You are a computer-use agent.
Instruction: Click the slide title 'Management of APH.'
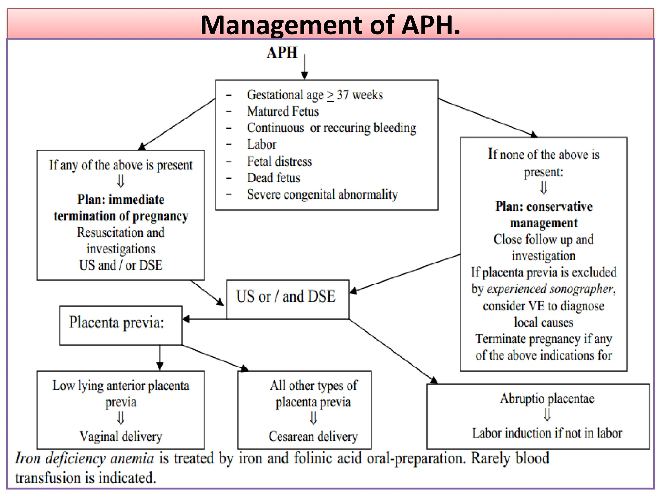pyautogui.click(x=330, y=25)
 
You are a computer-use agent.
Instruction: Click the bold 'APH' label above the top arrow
pyautogui.click(x=282, y=53)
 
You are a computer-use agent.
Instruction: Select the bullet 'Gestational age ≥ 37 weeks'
pyautogui.click(x=315, y=95)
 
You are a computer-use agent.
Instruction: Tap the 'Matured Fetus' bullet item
pyautogui.click(x=283, y=111)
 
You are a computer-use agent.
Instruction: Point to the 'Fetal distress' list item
pyautogui.click(x=280, y=161)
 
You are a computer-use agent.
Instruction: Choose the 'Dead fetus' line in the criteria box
pyautogui.click(x=274, y=178)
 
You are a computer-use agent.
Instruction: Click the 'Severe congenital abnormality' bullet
pyautogui.click(x=322, y=194)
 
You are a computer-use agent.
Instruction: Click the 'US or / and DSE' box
pyautogui.click(x=286, y=296)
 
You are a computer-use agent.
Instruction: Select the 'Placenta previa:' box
pyautogui.click(x=117, y=323)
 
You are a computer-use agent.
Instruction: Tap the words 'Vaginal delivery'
pyautogui.click(x=121, y=437)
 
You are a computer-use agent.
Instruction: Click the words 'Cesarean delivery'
pyautogui.click(x=313, y=437)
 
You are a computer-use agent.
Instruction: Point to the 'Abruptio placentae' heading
pyautogui.click(x=547, y=398)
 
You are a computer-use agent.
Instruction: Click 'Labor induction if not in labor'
pyautogui.click(x=547, y=433)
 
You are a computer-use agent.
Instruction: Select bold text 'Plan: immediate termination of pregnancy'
pyautogui.click(x=121, y=208)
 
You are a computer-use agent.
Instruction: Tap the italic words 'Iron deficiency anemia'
pyautogui.click(x=85, y=459)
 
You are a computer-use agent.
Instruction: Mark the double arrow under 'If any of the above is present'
pyautogui.click(x=121, y=181)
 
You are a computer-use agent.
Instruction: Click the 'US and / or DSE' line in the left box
pyautogui.click(x=121, y=265)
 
